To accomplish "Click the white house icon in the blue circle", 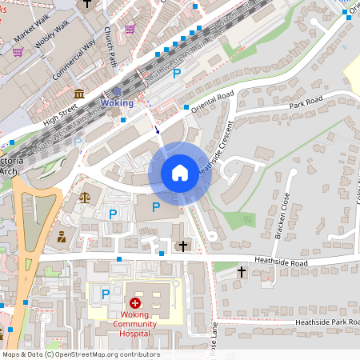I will click(x=180, y=173).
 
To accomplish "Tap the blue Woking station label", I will click(x=117, y=104).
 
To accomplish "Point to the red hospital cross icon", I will click(x=135, y=303).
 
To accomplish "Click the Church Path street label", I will click(x=110, y=46).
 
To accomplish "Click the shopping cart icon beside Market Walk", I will click(x=17, y=51).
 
